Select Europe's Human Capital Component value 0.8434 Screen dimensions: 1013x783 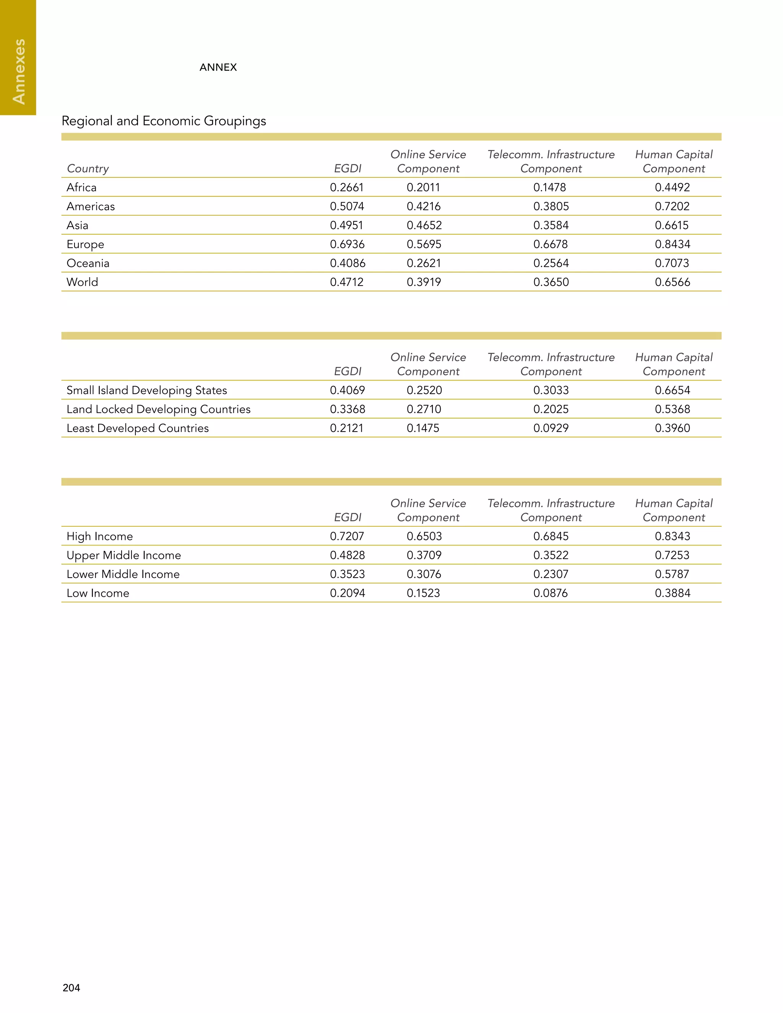[x=672, y=244]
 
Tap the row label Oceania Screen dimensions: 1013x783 [x=88, y=263]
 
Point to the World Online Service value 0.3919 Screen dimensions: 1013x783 [x=424, y=282]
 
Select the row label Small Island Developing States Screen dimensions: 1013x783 [x=146, y=390]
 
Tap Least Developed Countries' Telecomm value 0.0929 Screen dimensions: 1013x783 [x=551, y=428]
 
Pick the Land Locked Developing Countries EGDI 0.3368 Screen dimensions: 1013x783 [x=347, y=409]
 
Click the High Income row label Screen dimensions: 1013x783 [x=99, y=536]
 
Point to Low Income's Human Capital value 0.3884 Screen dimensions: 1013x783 [x=672, y=593]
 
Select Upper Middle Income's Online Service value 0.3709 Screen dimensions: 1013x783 [x=424, y=555]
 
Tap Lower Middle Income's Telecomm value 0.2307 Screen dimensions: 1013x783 [x=551, y=574]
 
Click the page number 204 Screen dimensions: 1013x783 [x=71, y=987]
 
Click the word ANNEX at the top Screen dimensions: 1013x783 [x=218, y=67]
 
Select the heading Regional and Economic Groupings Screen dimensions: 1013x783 [x=164, y=121]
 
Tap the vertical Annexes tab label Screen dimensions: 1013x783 [x=19, y=71]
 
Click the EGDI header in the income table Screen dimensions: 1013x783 [x=348, y=517]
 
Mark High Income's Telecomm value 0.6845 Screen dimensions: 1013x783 [x=551, y=536]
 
